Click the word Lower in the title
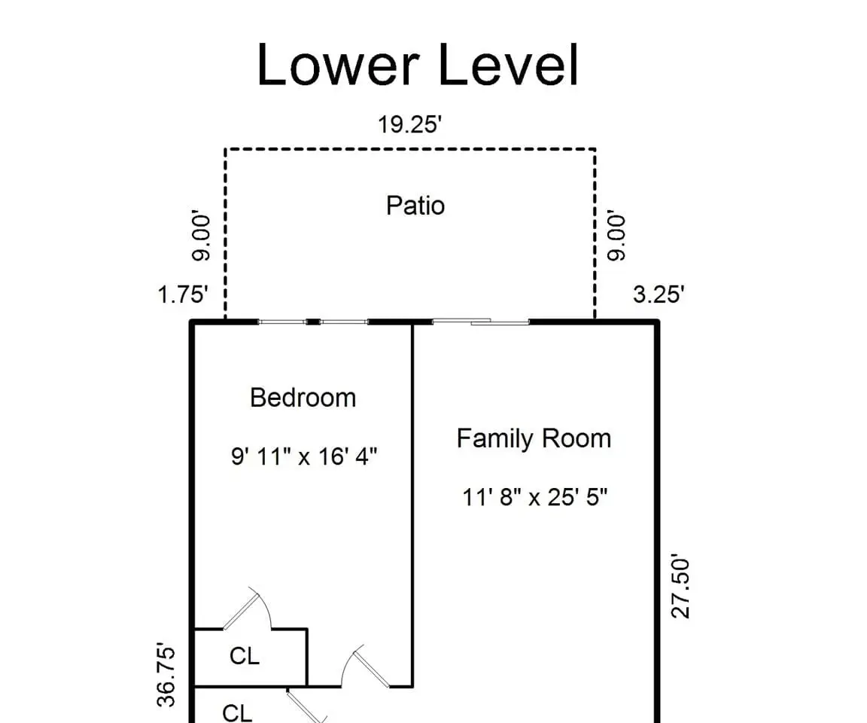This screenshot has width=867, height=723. click(x=337, y=65)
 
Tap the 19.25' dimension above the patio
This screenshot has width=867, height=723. click(x=409, y=124)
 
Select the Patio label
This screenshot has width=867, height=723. click(x=415, y=206)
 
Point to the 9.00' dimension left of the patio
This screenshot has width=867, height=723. click(x=201, y=238)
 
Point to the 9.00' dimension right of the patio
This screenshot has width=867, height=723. click(x=616, y=235)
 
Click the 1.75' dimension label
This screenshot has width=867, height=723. click(x=183, y=294)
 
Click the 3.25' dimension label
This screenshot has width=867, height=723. click(x=659, y=294)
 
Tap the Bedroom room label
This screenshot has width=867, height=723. click(x=303, y=398)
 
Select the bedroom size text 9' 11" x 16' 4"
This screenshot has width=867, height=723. click(x=304, y=457)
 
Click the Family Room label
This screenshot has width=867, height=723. click(x=534, y=438)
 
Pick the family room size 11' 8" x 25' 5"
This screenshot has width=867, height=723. click(x=534, y=497)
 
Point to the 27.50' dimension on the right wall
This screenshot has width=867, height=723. click(x=680, y=587)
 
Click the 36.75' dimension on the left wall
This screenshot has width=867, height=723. click(x=166, y=675)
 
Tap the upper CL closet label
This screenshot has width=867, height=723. click(x=245, y=656)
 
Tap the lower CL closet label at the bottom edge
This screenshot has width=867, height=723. click(x=237, y=713)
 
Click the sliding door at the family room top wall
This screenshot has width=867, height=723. click(x=480, y=322)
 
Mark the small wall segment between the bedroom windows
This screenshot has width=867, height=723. click(x=313, y=322)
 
